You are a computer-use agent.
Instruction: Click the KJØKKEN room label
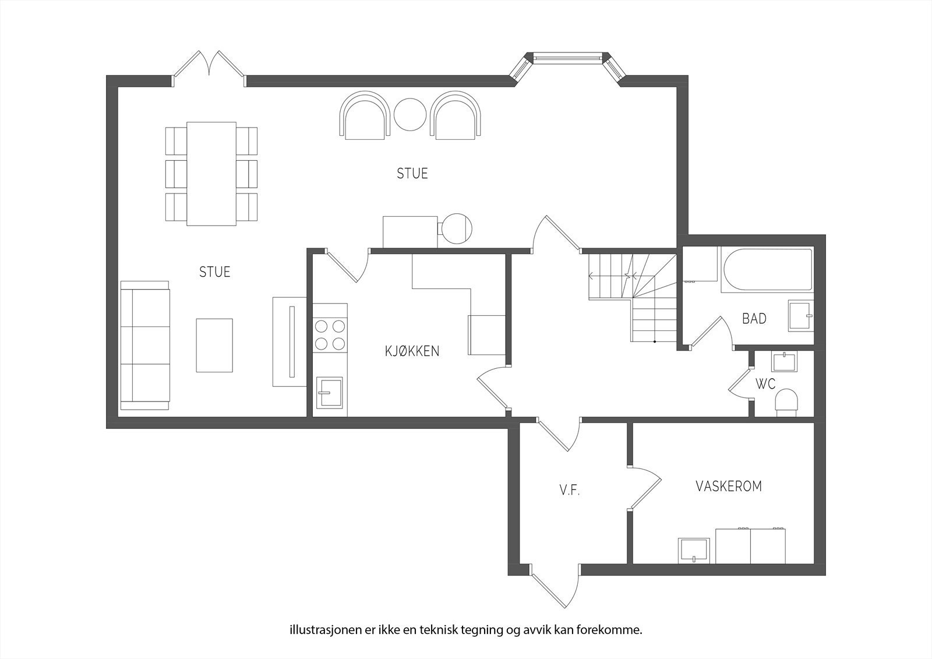pos(412,351)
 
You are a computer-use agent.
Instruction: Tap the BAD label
pos(754,319)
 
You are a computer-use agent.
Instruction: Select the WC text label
pos(765,384)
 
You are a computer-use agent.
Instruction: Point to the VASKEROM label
pos(729,486)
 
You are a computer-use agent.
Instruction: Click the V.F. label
pos(570,491)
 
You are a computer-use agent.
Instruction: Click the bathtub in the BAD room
pos(768,269)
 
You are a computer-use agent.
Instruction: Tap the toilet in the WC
pos(786,403)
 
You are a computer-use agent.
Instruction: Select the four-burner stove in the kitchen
pos(330,334)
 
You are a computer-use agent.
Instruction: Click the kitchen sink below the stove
pos(330,392)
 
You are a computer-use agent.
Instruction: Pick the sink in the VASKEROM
pos(694,551)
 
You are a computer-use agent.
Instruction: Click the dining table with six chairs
pos(211,174)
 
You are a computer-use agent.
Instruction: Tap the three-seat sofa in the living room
pos(145,345)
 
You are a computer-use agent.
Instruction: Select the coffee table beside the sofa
pos(214,345)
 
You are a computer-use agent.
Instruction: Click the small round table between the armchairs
pos(410,114)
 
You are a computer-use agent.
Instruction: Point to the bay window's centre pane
pos(567,58)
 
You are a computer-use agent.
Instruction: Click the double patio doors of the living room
pos(209,69)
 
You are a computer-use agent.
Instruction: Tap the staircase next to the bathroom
pos(633,298)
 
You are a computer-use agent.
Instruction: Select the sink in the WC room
pos(784,362)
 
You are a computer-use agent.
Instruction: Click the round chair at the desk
pos(457,228)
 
